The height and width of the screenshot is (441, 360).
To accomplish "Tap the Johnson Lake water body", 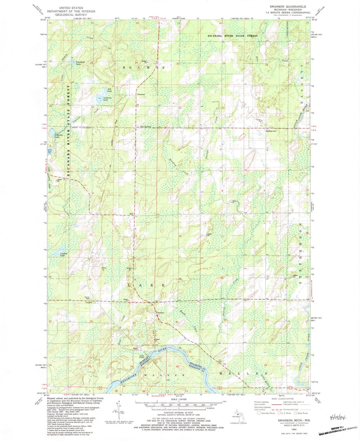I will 52,133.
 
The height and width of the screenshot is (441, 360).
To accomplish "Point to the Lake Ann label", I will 50,151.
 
